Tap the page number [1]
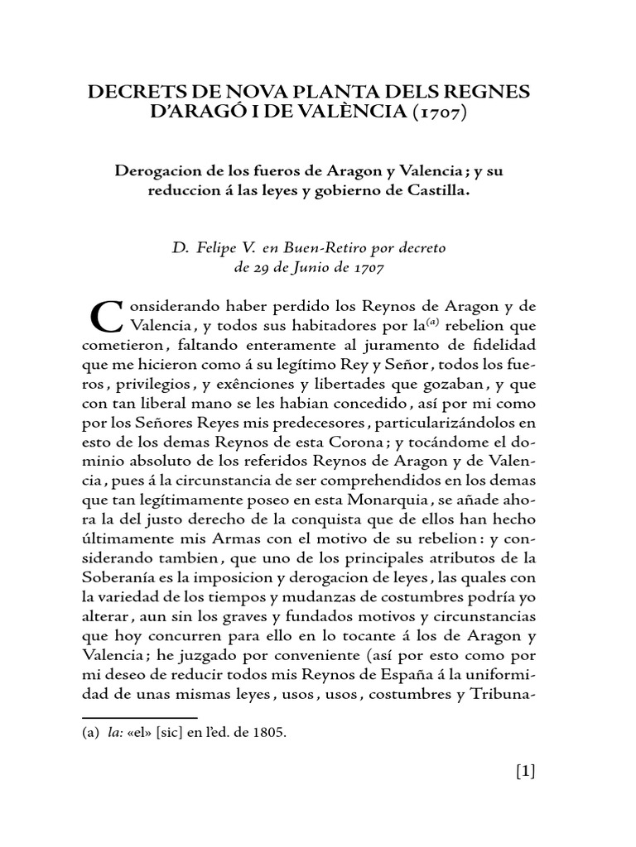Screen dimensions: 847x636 526,772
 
